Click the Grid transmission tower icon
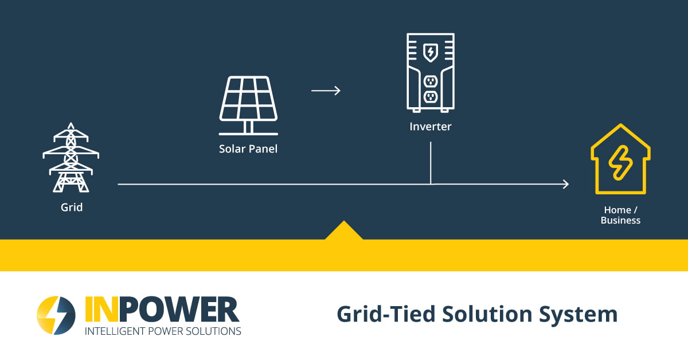click(71, 158)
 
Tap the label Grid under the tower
click(72, 207)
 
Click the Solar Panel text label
click(248, 149)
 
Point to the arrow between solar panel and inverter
click(326, 91)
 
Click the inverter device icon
click(431, 72)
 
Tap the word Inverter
click(431, 127)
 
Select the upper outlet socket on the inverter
click(431, 80)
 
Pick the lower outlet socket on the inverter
click(431, 96)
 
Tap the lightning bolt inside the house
click(620, 163)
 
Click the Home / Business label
click(620, 215)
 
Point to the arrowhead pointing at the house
click(565, 184)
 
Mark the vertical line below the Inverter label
click(431, 163)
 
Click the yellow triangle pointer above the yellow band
click(343, 231)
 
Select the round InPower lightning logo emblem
click(56, 315)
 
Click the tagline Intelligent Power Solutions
click(163, 331)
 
